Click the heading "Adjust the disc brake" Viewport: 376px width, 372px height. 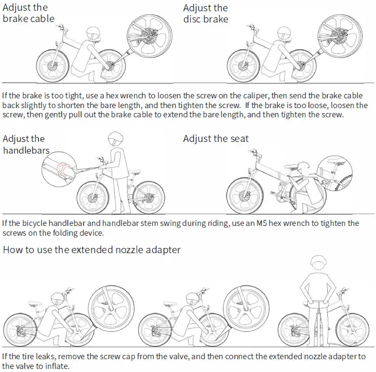point(206,13)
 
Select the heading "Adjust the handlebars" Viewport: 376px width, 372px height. point(26,144)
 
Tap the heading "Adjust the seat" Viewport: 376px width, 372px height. point(215,139)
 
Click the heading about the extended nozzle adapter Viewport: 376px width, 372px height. point(92,250)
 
